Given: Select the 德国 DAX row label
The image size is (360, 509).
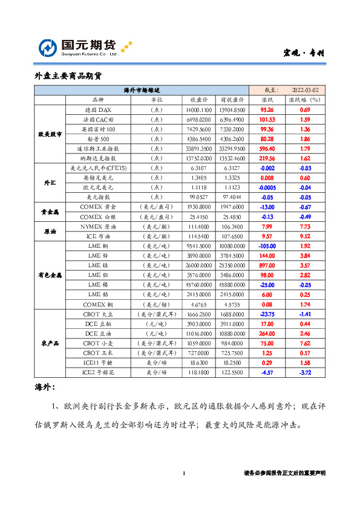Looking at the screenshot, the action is [97, 110].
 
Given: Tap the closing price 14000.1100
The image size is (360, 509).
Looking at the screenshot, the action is [199, 110].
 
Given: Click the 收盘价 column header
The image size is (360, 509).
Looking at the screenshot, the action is [199, 100].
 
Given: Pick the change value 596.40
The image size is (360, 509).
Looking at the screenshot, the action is [267, 148].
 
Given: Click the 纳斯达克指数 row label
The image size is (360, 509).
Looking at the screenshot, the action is [97, 158].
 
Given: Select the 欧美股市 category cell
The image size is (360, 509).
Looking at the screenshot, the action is [49, 134].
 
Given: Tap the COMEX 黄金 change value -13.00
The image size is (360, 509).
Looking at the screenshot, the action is [267, 206].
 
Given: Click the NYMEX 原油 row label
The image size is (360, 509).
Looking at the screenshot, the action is [97, 225].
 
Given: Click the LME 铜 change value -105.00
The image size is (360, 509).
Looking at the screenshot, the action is [267, 245].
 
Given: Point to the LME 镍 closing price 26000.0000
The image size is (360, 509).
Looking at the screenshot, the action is [199, 265].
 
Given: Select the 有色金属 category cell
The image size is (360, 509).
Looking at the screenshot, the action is [49, 274].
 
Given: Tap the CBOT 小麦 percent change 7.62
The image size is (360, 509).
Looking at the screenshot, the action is [304, 342].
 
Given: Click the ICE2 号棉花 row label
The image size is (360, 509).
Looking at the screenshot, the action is [97, 372].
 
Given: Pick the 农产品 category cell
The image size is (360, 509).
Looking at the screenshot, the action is [49, 343].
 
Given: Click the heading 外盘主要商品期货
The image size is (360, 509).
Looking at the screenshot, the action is [68, 76].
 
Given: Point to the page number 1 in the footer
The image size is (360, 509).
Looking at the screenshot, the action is [184, 473].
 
